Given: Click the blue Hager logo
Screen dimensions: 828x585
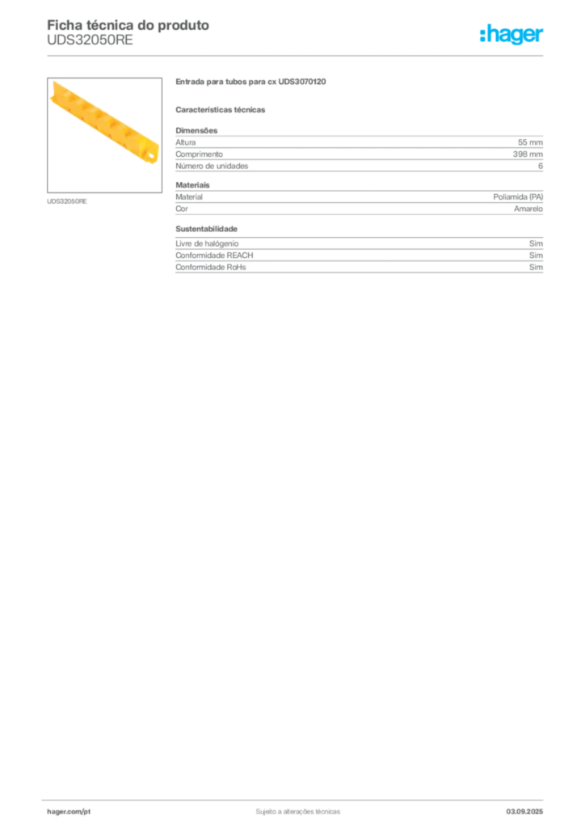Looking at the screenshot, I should tap(512, 36).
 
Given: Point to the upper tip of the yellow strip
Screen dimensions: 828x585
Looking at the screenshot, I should tap(56, 84).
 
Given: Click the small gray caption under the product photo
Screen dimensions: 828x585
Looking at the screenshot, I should tap(68, 201).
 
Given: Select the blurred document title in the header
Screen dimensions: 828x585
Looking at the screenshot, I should tap(129, 25).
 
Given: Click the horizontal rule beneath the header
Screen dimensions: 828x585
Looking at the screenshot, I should tap(297, 55).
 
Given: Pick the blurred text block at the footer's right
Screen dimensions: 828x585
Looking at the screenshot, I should tap(531, 808).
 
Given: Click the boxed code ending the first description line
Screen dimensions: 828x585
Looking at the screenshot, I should tap(308, 80).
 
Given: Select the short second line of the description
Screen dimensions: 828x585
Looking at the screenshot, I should tap(222, 109).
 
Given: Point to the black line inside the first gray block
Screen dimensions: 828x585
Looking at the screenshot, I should tap(394, 164).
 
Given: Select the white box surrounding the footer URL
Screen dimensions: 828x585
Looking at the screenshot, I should tap(90, 811).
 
